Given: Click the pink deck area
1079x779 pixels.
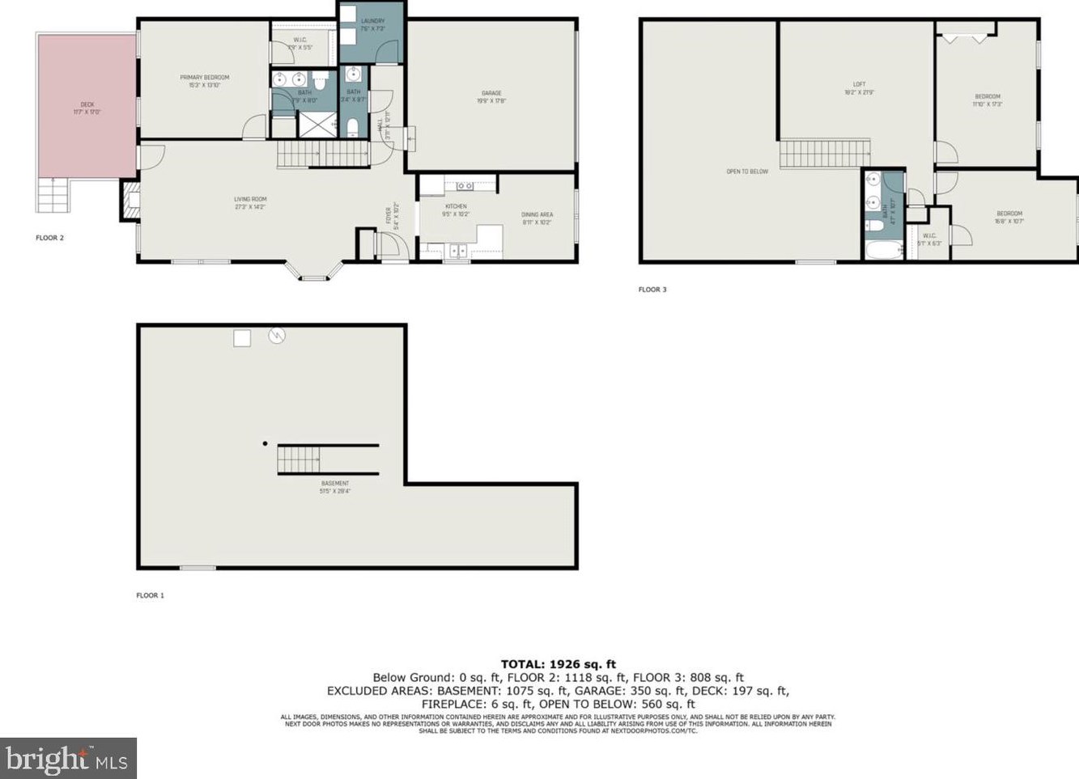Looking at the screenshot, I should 86,105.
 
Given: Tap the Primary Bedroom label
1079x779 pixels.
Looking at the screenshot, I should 204,81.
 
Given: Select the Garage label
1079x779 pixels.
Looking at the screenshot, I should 491,97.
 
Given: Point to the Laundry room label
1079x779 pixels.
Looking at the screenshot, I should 372,24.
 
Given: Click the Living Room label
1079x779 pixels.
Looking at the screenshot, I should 250,202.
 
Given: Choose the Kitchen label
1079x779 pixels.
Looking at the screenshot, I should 456,210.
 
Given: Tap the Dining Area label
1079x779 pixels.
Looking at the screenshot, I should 537,218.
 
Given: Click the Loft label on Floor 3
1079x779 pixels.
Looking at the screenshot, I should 859,87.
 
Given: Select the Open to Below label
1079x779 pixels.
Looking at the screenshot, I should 747,171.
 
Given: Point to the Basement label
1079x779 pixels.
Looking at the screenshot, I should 335,486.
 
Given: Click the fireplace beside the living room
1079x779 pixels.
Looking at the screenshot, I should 130,200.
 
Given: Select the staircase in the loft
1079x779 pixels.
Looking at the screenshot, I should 824,154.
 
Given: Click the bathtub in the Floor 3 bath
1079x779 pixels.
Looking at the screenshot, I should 883,249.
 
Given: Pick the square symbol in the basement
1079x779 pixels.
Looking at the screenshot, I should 242,338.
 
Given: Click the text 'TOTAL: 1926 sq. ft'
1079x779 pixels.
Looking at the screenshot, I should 559,664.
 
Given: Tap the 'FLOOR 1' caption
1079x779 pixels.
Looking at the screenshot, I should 150,595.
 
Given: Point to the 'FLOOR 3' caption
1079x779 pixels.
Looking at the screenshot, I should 652,290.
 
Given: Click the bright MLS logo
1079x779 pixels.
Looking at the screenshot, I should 68,759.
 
